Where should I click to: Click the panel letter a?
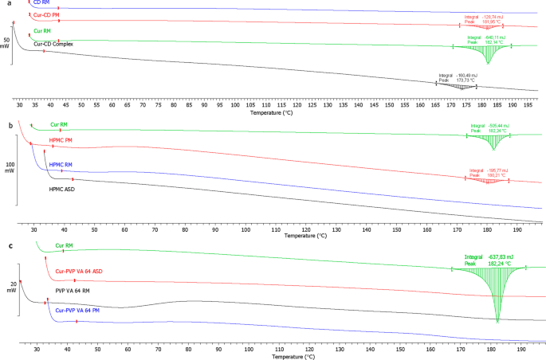click(5, 4)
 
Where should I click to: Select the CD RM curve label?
click(42, 3)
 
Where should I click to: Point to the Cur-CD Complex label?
click(53, 44)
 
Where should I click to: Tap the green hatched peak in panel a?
click(489, 54)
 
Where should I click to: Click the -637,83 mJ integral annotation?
click(489, 257)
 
